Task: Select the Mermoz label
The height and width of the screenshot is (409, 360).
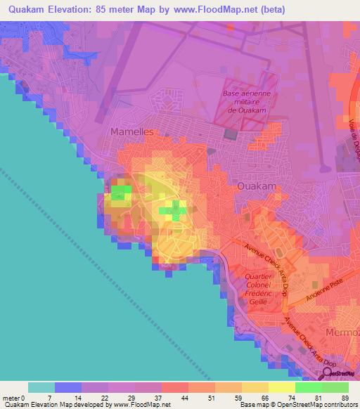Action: coord(342,331)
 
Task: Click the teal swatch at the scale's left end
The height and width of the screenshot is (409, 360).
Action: coord(41,387)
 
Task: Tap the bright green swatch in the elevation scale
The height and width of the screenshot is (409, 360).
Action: coord(309,387)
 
